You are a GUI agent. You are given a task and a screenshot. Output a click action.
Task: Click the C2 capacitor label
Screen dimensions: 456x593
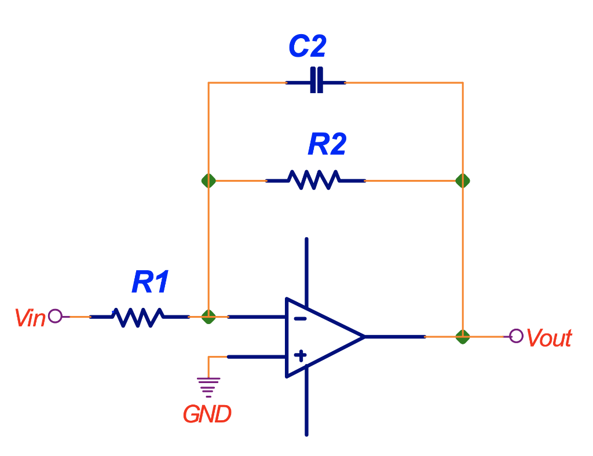[308, 46]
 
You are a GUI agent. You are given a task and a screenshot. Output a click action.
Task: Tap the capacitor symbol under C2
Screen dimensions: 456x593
[316, 83]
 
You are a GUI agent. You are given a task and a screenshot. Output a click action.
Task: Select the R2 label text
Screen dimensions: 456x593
[327, 144]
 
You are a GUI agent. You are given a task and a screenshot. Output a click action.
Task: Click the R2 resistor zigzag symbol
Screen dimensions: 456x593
[316, 180]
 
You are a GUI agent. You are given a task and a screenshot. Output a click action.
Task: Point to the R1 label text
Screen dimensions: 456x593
[151, 282]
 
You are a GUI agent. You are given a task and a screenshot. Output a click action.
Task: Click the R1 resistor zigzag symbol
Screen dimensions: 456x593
[139, 317]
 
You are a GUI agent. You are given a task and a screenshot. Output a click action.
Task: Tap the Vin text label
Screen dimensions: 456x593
[30, 318]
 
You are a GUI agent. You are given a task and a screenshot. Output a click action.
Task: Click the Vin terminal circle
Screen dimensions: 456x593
[55, 316]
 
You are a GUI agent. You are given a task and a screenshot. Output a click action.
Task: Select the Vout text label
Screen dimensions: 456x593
[549, 338]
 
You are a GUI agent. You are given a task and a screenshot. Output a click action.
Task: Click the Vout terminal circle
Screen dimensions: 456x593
[516, 336]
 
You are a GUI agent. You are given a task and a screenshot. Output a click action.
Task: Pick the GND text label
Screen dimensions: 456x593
[207, 414]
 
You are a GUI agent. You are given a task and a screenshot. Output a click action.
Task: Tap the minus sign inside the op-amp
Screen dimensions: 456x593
[299, 318]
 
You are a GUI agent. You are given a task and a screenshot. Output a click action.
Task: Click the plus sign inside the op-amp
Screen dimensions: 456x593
[300, 355]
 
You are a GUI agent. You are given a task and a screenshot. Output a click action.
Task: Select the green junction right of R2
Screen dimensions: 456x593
[462, 181]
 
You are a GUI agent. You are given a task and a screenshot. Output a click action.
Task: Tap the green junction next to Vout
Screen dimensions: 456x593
[462, 336]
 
